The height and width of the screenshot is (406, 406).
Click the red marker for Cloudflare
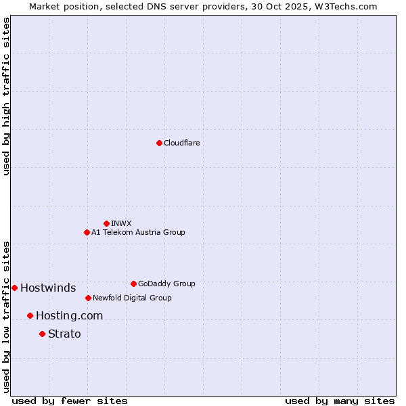(x=159, y=143)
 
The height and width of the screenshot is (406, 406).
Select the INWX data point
(x=106, y=223)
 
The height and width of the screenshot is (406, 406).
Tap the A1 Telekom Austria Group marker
(x=87, y=232)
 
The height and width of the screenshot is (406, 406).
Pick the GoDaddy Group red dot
(x=133, y=284)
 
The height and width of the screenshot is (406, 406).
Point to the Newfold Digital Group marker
(x=88, y=298)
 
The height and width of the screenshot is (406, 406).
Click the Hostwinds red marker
(x=14, y=288)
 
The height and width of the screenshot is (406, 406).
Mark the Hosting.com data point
(x=30, y=315)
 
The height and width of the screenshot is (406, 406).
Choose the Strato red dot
(x=42, y=334)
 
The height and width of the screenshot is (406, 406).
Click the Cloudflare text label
(x=181, y=143)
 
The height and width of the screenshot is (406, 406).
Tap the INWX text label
(x=122, y=223)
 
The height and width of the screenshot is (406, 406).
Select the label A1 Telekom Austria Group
(x=138, y=232)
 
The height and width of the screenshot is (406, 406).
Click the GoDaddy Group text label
(x=166, y=284)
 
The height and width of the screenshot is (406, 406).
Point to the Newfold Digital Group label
(x=132, y=298)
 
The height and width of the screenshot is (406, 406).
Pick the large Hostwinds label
(x=48, y=288)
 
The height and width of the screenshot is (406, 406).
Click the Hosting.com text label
(x=69, y=316)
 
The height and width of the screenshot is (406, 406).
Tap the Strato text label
(x=64, y=334)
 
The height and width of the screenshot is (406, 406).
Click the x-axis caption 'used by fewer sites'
(x=70, y=401)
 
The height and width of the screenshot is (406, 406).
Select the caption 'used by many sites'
(x=340, y=401)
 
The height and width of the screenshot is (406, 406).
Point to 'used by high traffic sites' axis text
(x=6, y=96)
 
